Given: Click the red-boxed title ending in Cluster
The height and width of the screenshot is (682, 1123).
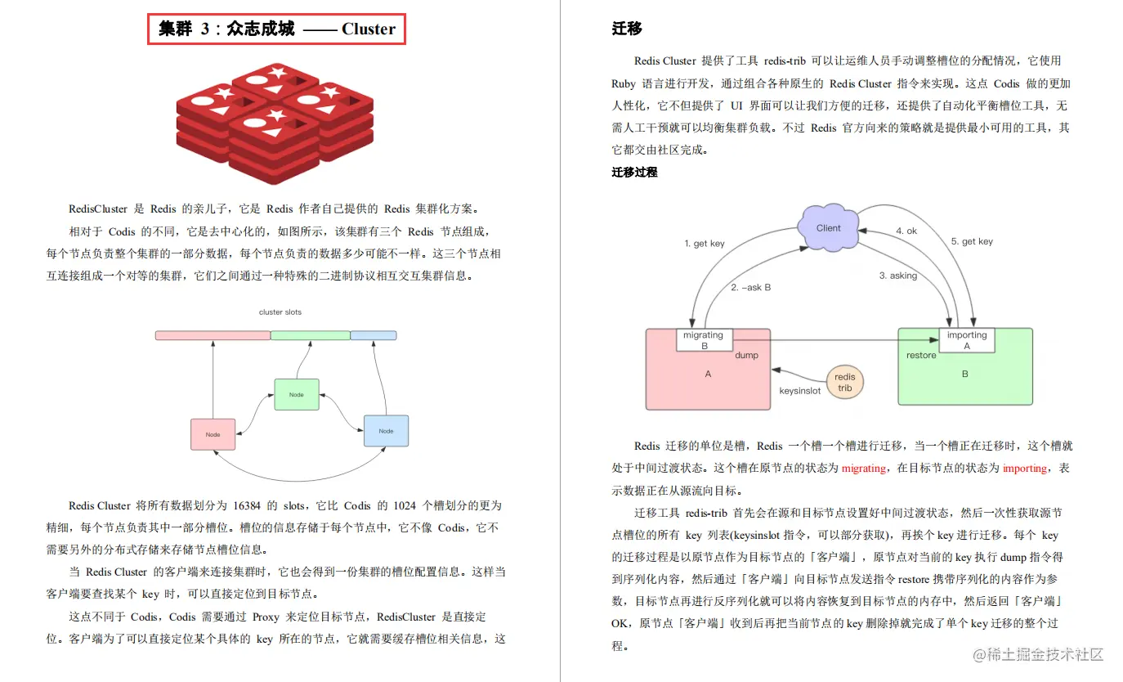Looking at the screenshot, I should point(276,29).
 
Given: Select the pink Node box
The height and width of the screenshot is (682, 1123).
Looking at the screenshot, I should point(213,434).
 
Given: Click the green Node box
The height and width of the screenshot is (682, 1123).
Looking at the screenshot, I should point(296,394).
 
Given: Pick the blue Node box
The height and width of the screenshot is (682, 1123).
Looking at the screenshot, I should point(386,430).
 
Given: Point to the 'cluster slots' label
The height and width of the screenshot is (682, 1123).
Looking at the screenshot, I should point(280,312).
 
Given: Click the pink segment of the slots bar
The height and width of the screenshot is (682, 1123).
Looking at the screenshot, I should point(213,335).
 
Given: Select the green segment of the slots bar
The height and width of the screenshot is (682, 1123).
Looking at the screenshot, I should point(310,335).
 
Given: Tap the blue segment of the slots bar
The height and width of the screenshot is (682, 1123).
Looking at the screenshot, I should point(374,335).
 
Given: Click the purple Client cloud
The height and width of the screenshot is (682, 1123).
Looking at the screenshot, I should point(828,227).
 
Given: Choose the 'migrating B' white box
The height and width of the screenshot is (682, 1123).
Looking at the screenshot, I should point(704,340).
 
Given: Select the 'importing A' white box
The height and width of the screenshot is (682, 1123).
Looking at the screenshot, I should point(966,340).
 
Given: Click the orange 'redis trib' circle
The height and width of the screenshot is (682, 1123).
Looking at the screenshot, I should point(844,383).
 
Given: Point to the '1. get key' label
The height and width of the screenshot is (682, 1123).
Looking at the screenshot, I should point(705,244).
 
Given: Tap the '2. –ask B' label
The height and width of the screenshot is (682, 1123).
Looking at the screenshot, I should point(750,288).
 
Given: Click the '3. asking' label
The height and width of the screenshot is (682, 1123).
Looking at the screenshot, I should point(897,276).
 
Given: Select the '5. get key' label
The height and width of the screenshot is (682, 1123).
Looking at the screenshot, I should point(972,241).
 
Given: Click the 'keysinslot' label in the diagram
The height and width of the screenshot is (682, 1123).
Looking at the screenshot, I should point(799,392).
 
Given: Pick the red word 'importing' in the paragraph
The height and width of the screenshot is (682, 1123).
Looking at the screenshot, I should point(1024,469).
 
